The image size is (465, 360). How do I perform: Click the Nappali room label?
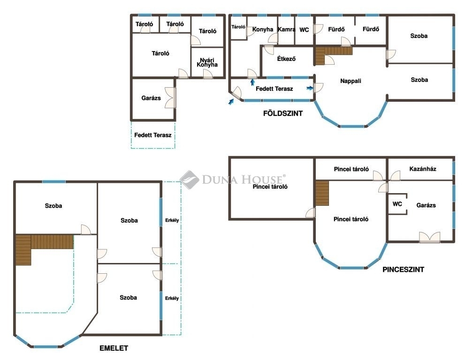coord(351,81)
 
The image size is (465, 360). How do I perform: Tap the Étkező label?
coord(286,59)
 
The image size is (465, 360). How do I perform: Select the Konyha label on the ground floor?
coord(263,30)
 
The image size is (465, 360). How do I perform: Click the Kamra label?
coord(287,30)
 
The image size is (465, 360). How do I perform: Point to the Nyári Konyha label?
coord(207,62)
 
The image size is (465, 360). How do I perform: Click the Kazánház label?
coord(423,169)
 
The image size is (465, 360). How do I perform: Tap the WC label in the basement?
coord(397,204)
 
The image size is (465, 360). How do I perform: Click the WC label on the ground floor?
coord(304,30)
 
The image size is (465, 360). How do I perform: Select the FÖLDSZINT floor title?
coord(283,113)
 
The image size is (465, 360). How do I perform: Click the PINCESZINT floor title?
coord(404,270)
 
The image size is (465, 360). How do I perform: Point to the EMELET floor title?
coord(114,348)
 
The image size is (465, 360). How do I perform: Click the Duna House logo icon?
coord(189,180)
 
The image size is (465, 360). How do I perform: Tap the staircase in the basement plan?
coord(322,193)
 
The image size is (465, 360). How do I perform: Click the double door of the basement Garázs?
coord(429,238)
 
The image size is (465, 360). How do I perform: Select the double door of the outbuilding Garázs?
coord(170,98)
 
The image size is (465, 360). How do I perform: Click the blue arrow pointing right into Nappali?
coord(310,88)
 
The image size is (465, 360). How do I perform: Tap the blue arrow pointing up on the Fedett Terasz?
coord(252,82)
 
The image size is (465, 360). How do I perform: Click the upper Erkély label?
coord(172,220)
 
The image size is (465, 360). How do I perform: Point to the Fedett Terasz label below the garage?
coord(152,135)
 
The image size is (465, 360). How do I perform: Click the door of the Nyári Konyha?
coord(208,74)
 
